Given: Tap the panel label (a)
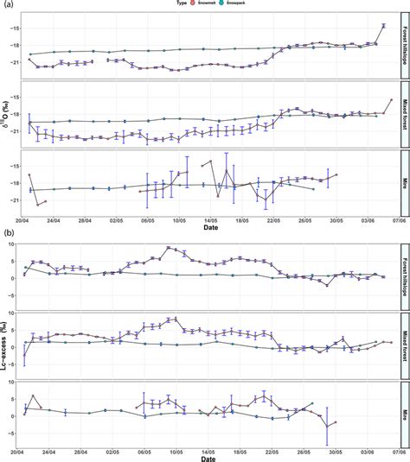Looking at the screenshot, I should tap(7, 5).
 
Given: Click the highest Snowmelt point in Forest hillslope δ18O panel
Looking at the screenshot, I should tap(383, 26).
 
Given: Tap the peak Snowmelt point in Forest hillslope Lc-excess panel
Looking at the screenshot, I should tap(170, 248).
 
